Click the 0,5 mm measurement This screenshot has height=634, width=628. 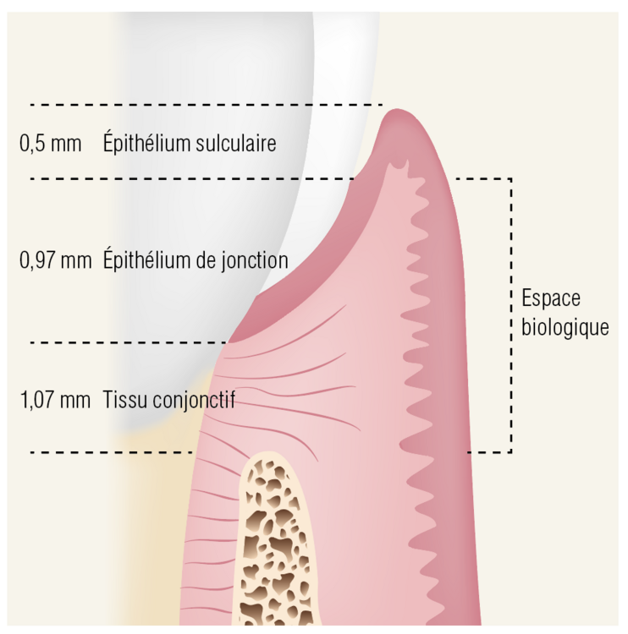coord(50,144)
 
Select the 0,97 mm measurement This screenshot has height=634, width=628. coord(56,260)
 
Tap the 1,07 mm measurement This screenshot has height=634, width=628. coord(55,400)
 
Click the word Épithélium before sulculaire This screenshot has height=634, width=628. coord(146,142)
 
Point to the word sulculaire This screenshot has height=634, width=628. coord(236,143)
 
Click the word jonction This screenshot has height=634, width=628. coord(255,261)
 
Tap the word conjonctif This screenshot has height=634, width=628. coord(194,401)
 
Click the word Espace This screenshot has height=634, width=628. coord(551,299)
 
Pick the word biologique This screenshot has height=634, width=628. coord(565,327)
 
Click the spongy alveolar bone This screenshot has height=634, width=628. coord(274,542)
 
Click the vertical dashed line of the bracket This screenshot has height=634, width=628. coord(511,315)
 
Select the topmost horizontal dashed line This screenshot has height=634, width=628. coord(207,105)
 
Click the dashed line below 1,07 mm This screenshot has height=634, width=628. coord(112,452)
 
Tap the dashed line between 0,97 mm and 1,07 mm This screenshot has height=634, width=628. coord(129,342)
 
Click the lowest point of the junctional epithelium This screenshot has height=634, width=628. coord(229,342)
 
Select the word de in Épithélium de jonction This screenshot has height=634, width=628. coord(207,260)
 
